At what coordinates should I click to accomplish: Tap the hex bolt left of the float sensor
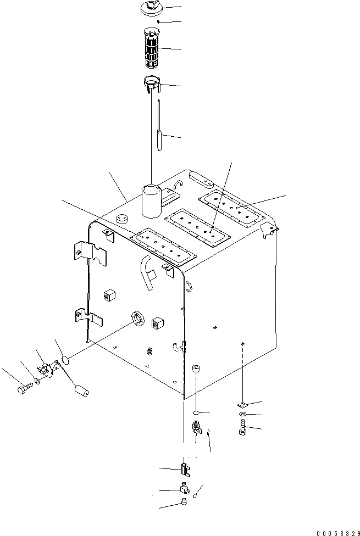click(x=23, y=390)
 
